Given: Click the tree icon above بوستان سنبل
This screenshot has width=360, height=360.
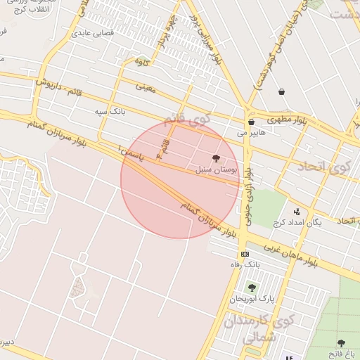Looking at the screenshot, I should click(215, 159).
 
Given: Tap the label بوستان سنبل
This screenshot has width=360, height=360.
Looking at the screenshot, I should click(220, 170).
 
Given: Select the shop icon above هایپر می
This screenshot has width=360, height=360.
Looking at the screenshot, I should click(251, 122).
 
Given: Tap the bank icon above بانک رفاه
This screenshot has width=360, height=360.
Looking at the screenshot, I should click(244, 254).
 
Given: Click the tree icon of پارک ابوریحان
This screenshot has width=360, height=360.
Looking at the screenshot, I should click(252, 287).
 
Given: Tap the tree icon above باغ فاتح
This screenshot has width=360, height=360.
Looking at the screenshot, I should click(341, 343).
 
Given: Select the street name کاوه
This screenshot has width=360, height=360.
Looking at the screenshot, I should click(143, 63).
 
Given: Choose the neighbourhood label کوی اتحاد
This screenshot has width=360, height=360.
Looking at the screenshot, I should click(323, 167).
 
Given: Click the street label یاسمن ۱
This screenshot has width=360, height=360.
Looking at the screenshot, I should click(131, 153).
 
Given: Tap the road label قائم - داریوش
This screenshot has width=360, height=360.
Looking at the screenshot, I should click(59, 89).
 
